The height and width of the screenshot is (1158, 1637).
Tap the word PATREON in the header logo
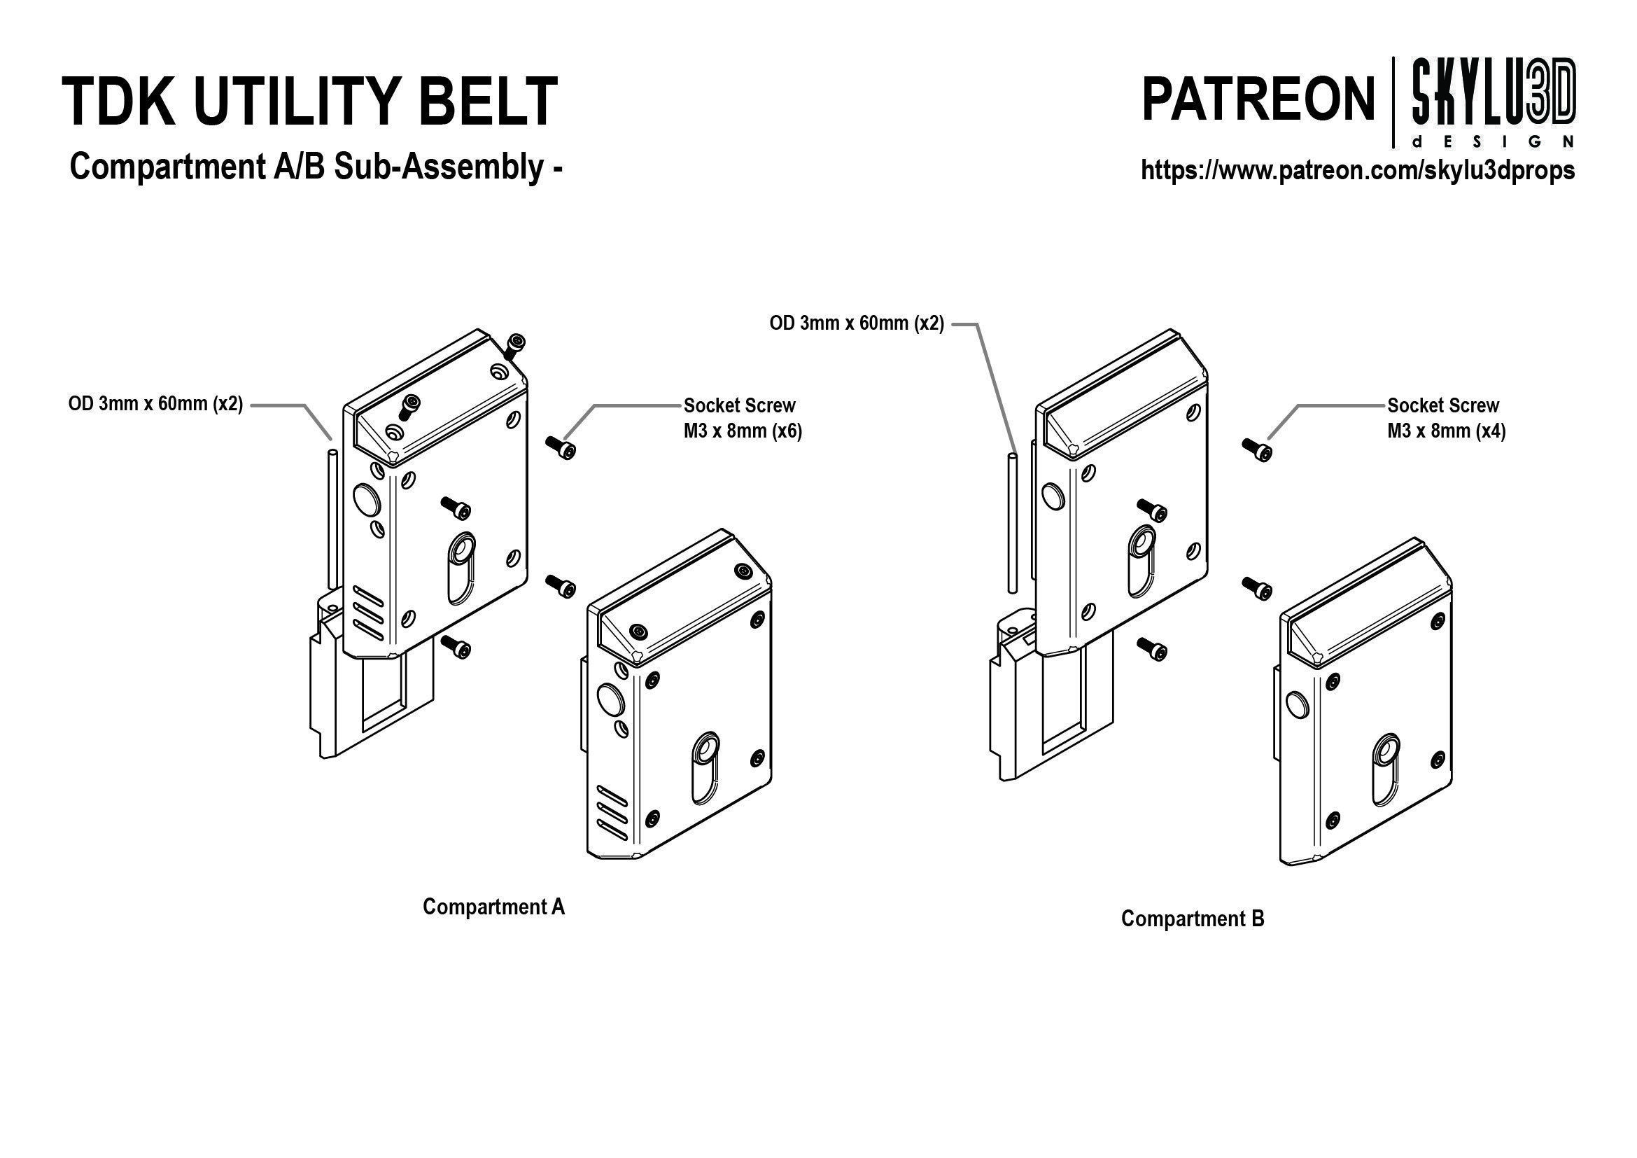click(x=1258, y=101)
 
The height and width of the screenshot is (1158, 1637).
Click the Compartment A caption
click(x=493, y=906)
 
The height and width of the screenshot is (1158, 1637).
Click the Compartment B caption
click(x=1192, y=918)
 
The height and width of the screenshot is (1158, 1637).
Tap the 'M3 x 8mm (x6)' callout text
click(x=743, y=431)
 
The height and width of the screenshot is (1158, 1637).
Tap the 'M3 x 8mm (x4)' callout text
click(x=1446, y=431)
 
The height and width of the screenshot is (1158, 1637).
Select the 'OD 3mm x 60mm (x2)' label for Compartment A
click(x=155, y=404)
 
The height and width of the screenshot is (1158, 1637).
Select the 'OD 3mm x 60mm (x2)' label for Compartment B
click(x=856, y=323)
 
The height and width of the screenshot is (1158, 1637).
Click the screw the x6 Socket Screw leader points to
click(x=561, y=447)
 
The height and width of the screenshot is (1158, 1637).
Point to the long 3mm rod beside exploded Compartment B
click(x=1012, y=520)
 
